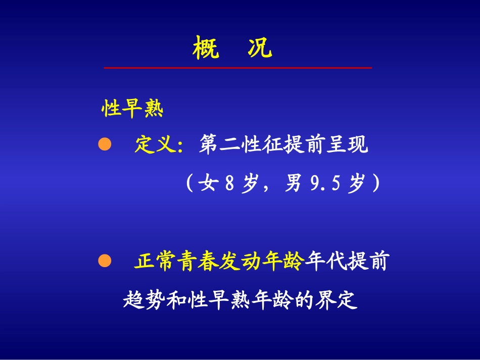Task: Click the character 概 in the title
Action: tap(206, 49)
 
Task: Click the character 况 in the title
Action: tap(260, 49)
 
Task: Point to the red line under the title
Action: tap(237, 67)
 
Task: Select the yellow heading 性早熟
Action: tap(133, 109)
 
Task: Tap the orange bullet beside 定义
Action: tap(104, 144)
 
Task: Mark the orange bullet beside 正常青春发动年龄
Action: tap(104, 261)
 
